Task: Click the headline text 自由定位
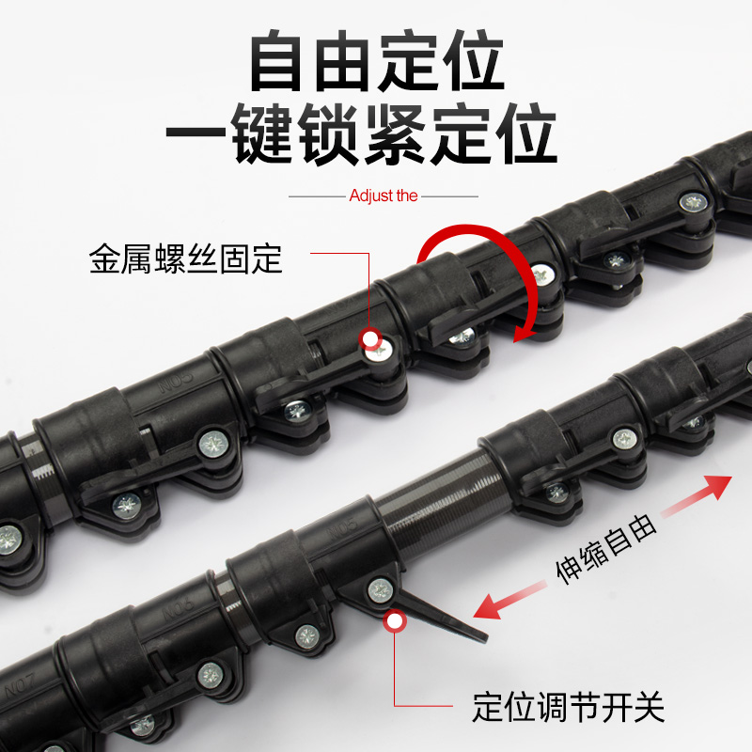click(x=376, y=63)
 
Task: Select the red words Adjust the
click(x=384, y=196)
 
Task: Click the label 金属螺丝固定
click(x=186, y=258)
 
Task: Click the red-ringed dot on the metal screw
click(x=370, y=338)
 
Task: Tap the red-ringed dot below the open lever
click(x=395, y=619)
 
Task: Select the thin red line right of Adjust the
click(x=450, y=197)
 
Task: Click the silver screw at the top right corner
click(x=695, y=200)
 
